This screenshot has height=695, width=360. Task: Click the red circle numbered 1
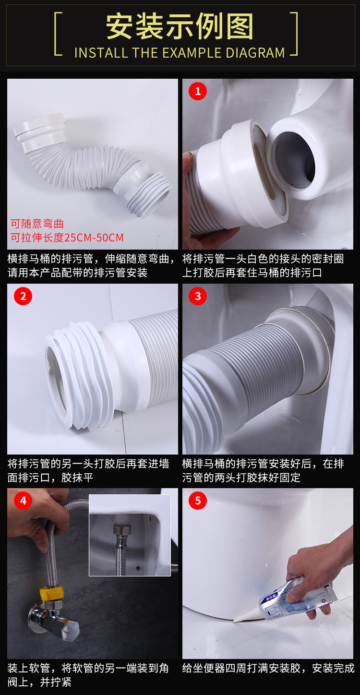pos(198,91)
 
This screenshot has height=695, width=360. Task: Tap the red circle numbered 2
pos(23,296)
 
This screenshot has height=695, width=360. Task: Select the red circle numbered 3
pos(198,296)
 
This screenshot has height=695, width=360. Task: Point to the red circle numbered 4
pos(23,501)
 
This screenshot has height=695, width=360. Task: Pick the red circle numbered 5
pos(198,501)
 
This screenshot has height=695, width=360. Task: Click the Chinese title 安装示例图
pos(180,26)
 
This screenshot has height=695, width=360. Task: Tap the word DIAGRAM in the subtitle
pos(255,53)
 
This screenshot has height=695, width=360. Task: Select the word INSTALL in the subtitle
pos(101,53)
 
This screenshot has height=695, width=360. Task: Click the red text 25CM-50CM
pos(94,238)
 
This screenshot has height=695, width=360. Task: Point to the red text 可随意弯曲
pos(37,224)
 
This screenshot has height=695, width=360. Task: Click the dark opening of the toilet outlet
pos(295,160)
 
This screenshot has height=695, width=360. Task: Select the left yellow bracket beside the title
pos(58,34)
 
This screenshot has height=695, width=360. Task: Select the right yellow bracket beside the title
pos(294,34)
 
